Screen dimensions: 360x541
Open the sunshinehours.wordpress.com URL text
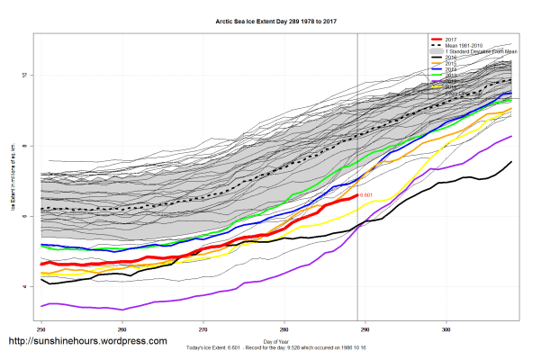87,342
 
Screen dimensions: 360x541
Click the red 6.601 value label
366,194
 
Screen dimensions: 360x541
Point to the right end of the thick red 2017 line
357,194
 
